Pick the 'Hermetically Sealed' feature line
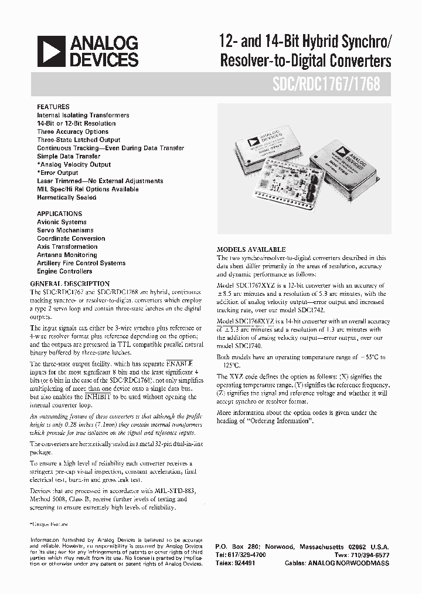[x=66, y=198]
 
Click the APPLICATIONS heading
[x=59, y=214]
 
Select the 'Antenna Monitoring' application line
[x=67, y=255]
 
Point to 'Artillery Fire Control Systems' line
[x=81, y=264]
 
